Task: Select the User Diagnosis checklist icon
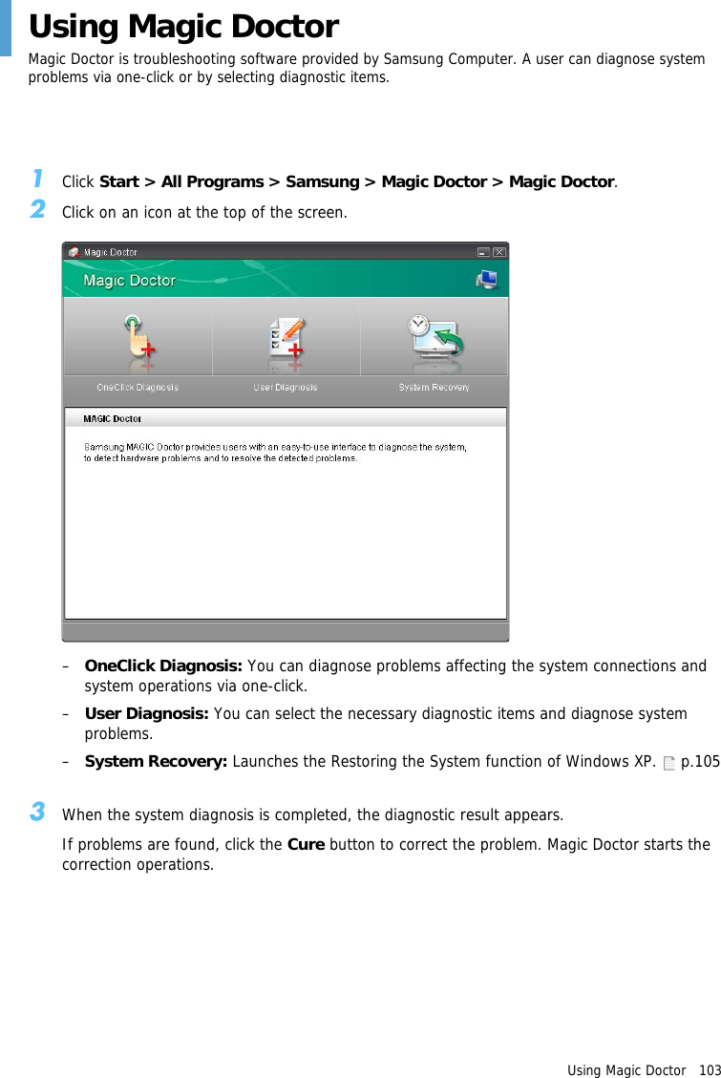(x=286, y=337)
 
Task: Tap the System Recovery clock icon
(x=435, y=336)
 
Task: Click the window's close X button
(x=499, y=252)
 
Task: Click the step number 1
(x=36, y=179)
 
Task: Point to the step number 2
(x=36, y=209)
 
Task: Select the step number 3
(x=36, y=813)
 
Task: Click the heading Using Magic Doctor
(x=183, y=27)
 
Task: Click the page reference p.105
(x=700, y=762)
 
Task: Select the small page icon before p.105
(x=668, y=763)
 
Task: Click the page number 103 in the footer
(x=710, y=1070)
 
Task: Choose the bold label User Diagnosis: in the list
(x=147, y=714)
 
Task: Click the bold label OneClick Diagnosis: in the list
(x=163, y=666)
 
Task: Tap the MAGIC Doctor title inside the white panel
(x=112, y=418)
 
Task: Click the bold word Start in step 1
(x=119, y=181)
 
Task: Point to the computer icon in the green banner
(x=487, y=279)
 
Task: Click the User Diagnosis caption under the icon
(x=286, y=388)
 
